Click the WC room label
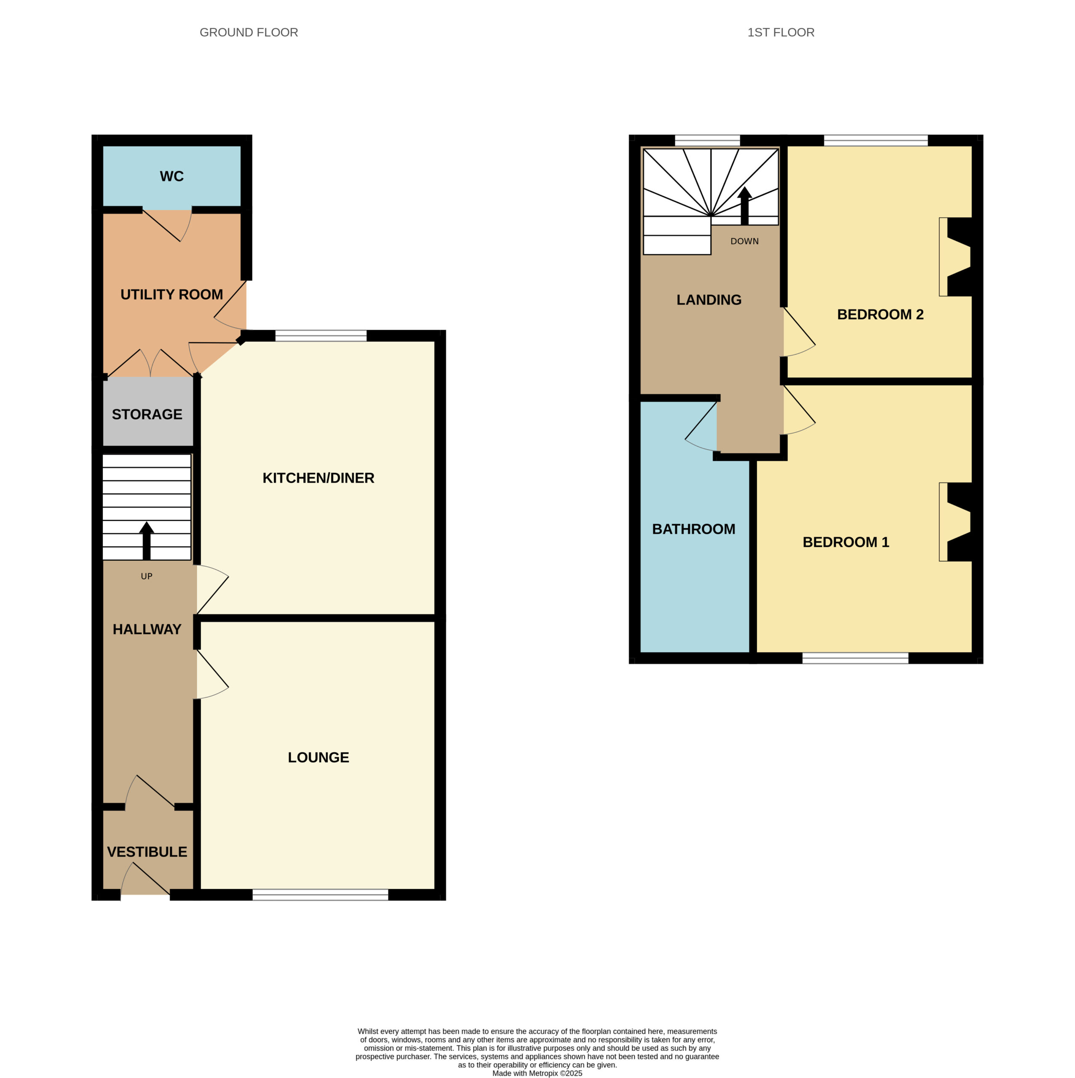[x=171, y=176]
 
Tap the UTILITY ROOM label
[x=171, y=295]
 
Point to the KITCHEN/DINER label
[x=318, y=478]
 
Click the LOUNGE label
[x=318, y=758]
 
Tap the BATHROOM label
[x=693, y=529]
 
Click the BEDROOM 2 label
[x=880, y=315]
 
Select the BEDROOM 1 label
[x=845, y=542]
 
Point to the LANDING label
[x=709, y=300]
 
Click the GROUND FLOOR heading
[x=249, y=33]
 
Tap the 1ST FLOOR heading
[x=781, y=33]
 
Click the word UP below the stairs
[x=146, y=576]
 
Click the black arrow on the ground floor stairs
[x=146, y=541]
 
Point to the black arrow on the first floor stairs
[x=745, y=206]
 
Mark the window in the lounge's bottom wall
[x=321, y=895]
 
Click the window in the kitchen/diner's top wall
[x=321, y=335]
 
